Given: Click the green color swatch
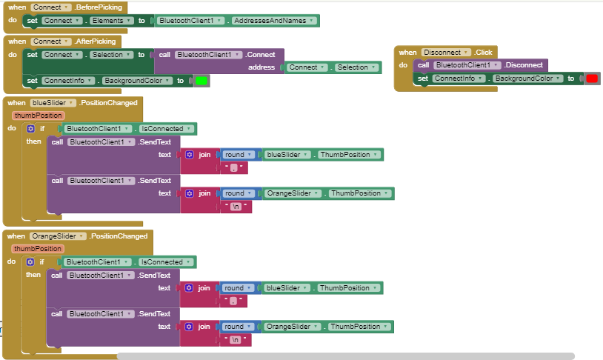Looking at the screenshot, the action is [x=201, y=81].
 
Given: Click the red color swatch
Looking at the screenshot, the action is [x=592, y=79].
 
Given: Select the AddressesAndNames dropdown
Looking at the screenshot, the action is [x=274, y=21].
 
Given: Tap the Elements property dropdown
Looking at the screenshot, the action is [x=112, y=21].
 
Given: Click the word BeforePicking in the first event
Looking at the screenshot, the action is [x=99, y=7].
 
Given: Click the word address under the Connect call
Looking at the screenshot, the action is [x=261, y=67].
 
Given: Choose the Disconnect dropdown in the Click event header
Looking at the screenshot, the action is [x=446, y=53].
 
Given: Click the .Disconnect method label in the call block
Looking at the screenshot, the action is [x=524, y=65].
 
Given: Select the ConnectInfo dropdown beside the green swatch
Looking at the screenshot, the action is [x=68, y=81].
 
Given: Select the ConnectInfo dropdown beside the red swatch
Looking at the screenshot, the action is [x=459, y=79].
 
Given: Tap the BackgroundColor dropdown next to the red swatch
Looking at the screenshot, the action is [x=527, y=79].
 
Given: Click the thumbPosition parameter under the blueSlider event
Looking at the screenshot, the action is [x=39, y=116].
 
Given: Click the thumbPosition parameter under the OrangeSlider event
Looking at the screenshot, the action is [x=38, y=249].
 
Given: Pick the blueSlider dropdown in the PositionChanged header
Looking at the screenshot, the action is [x=53, y=103].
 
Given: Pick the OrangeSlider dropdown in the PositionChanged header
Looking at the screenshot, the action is [x=58, y=236].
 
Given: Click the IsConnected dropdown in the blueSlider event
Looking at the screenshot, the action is [x=167, y=129].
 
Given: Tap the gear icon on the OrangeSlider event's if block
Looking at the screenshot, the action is [x=30, y=262].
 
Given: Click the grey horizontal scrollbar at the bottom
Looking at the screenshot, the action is [x=346, y=356].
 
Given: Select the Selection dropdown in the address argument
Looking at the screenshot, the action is [x=356, y=67].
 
